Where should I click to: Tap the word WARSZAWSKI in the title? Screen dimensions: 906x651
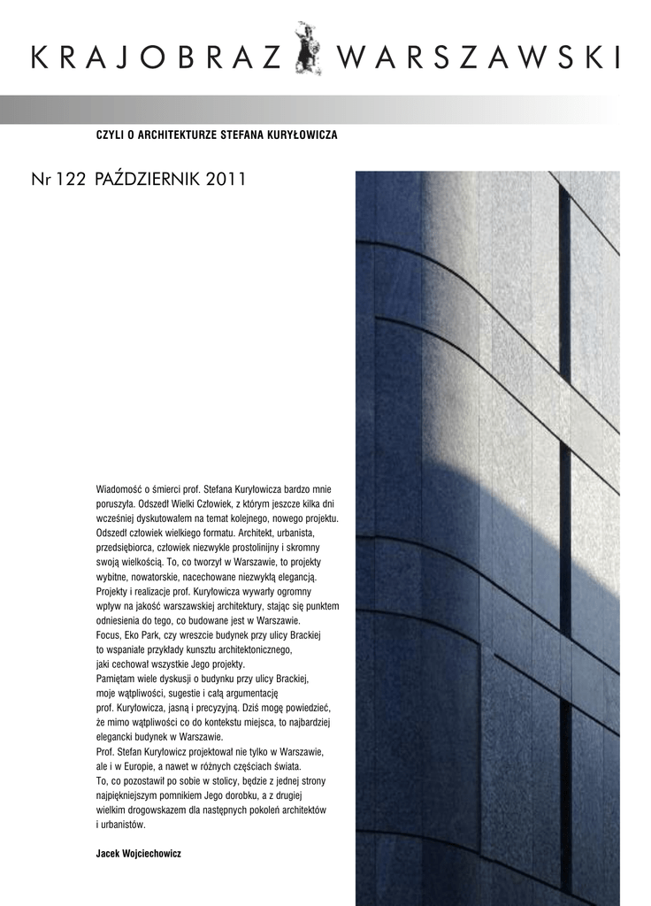click(478, 59)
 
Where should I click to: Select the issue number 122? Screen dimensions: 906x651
click(70, 180)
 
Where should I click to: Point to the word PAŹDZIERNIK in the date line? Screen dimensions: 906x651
click(147, 180)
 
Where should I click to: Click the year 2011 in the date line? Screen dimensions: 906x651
click(226, 180)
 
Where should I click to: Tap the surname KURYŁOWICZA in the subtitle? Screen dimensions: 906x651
click(300, 134)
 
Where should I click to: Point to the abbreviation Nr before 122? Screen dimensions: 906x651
click(39, 180)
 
